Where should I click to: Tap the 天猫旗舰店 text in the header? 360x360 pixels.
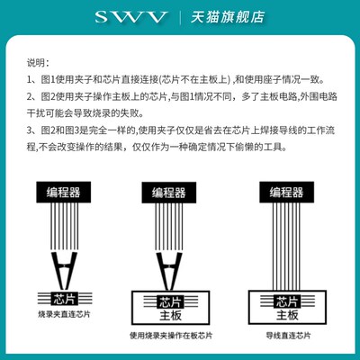217,17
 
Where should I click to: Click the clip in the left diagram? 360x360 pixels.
64,266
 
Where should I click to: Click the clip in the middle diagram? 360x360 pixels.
170,268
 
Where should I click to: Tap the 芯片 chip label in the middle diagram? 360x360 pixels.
169,302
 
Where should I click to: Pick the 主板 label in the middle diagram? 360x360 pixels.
169,317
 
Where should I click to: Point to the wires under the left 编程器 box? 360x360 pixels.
65,225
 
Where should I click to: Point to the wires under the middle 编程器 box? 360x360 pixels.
171,225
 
